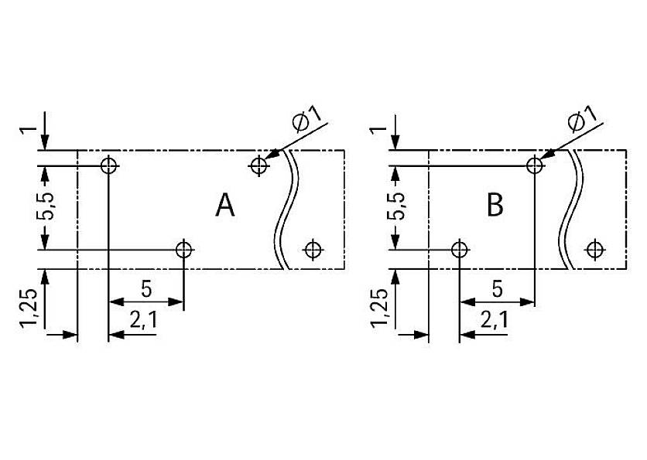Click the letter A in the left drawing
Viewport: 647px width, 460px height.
click(x=225, y=206)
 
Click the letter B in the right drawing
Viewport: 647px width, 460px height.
click(x=495, y=206)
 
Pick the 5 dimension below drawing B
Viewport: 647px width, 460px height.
click(x=497, y=290)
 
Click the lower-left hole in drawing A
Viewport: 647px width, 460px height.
click(x=183, y=250)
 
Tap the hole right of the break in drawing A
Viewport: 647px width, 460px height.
click(x=313, y=249)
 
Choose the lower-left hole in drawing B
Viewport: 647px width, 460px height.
click(x=460, y=250)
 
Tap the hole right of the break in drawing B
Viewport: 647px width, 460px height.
click(x=594, y=249)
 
